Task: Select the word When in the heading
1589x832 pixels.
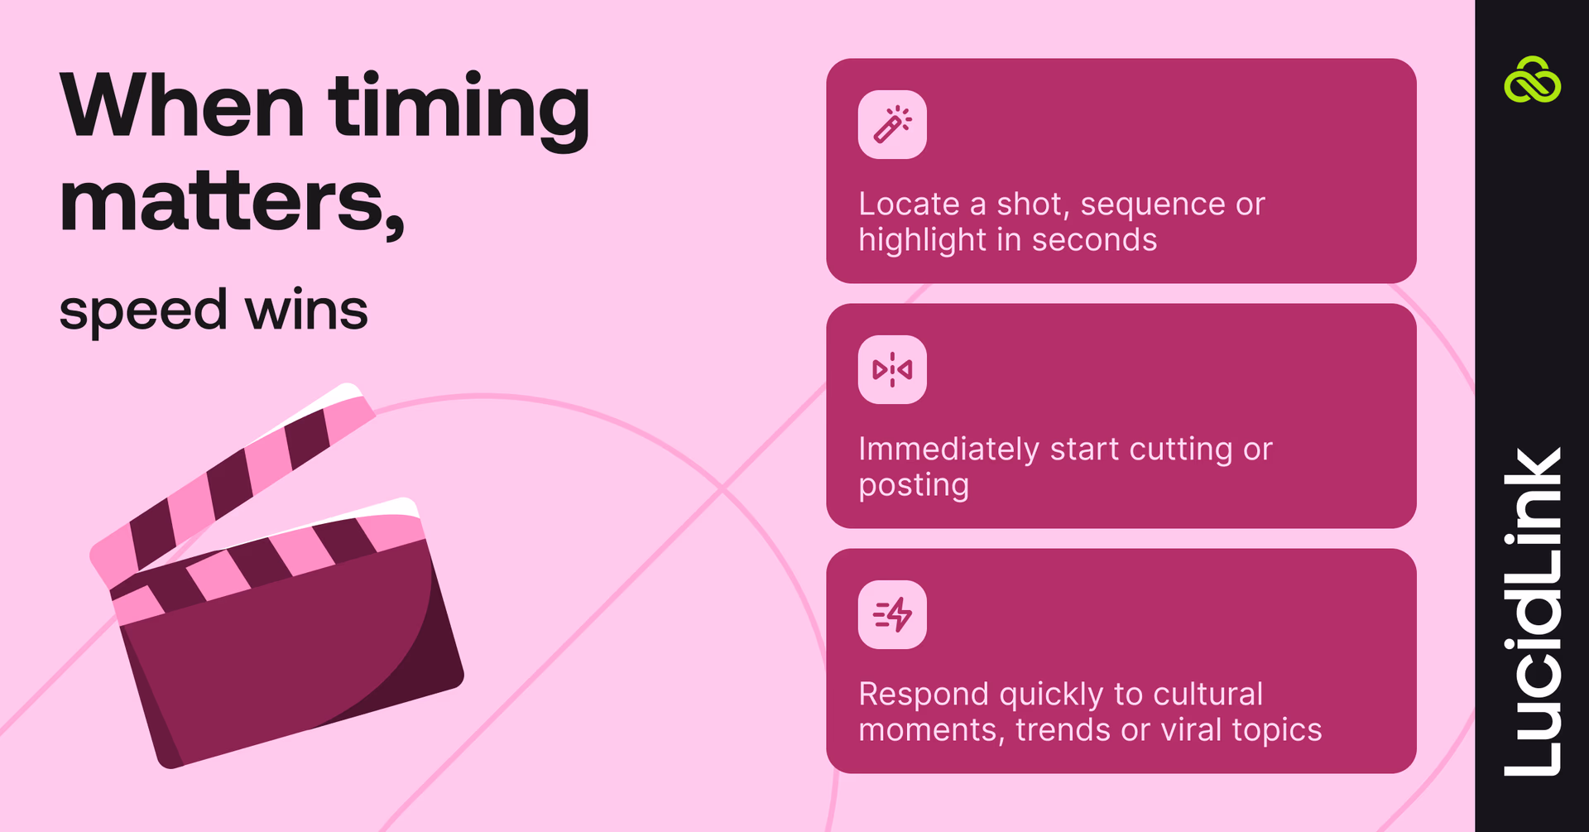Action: pos(182,108)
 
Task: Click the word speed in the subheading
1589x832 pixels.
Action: pos(142,311)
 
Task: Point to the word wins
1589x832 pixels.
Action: pos(306,311)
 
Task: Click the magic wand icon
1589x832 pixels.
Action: pos(892,124)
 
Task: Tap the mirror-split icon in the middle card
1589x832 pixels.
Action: pos(892,369)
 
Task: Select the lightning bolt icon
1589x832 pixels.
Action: pos(892,614)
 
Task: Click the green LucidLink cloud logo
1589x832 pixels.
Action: pos(1532,80)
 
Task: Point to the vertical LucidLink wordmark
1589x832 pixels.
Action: pos(1532,613)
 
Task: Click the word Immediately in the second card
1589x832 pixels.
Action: pos(948,450)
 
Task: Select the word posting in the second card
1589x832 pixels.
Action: pos(914,486)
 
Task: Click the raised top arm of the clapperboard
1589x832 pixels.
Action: pos(232,480)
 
